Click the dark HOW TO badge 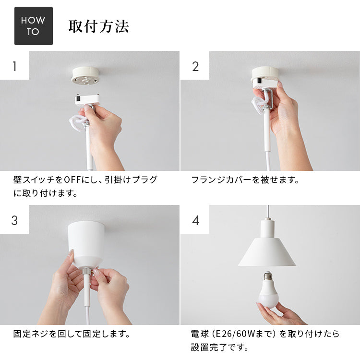click(x=34, y=26)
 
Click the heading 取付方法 click(x=99, y=26)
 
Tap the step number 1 click(x=14, y=66)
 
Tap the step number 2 click(x=195, y=66)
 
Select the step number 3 click(x=14, y=220)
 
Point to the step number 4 click(x=195, y=220)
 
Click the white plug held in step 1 click(x=87, y=99)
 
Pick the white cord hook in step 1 click(x=78, y=122)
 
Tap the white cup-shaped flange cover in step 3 click(x=86, y=242)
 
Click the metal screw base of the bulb click(x=268, y=277)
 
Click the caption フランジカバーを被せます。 click(x=245, y=180)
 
